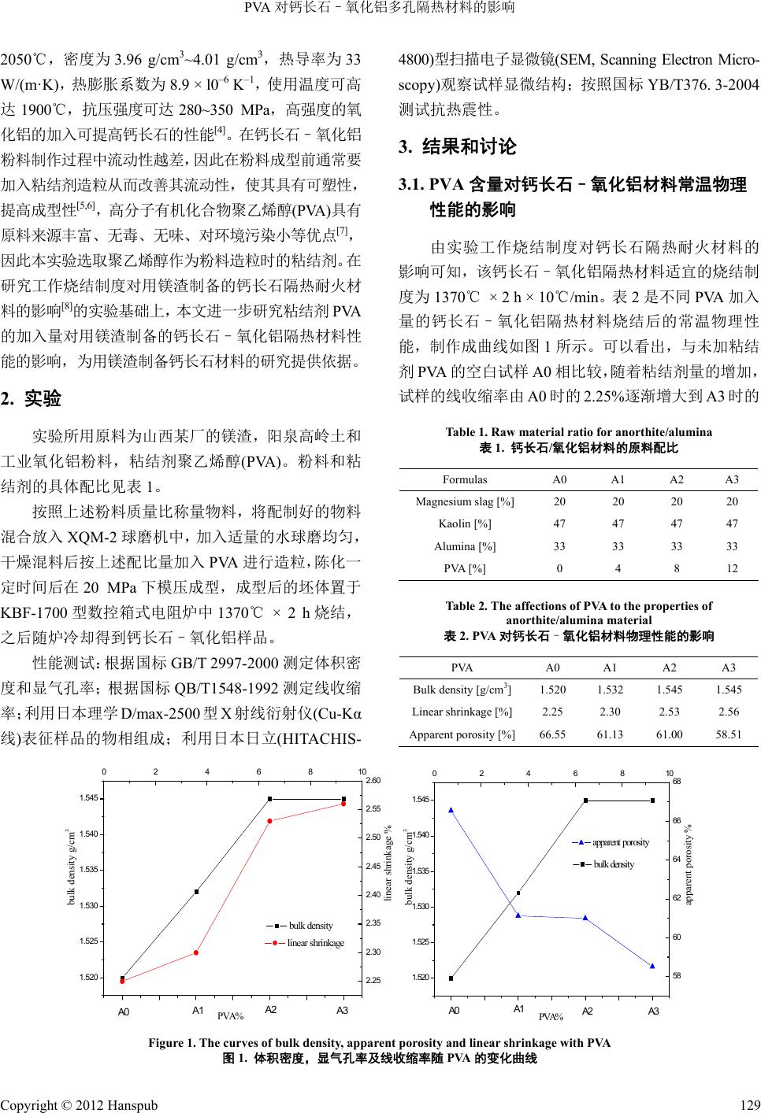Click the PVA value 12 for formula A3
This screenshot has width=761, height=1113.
coord(732,568)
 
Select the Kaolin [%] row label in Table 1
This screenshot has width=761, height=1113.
coord(465,523)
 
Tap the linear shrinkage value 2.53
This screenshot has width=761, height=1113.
coord(669,712)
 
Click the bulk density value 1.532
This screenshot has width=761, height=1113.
coord(610,690)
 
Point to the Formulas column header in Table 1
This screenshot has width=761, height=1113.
coord(465,479)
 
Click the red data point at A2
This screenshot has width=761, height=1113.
coord(269,821)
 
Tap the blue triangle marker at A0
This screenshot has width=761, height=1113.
coord(451,809)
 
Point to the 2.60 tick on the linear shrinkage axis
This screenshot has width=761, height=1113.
coord(373,780)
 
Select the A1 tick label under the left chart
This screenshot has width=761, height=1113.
coord(198,1009)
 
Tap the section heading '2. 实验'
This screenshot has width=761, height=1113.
coord(31,398)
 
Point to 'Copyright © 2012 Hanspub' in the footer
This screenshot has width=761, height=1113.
coord(79,1104)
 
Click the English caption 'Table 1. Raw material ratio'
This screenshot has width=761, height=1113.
coord(578,431)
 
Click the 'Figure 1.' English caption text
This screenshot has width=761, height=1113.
coord(379,1043)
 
